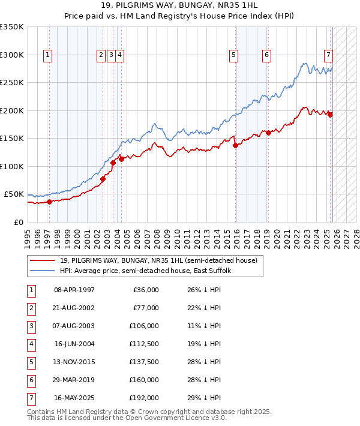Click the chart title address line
tap(179, 7)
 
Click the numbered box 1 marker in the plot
tap(47, 55)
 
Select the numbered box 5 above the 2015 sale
tap(233, 55)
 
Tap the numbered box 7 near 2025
tap(328, 55)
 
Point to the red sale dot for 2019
tap(268, 133)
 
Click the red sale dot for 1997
tap(50, 202)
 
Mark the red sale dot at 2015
tap(235, 145)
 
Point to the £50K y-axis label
tap(14, 194)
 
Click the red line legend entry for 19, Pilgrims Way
tap(158, 260)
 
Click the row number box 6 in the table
tap(30, 380)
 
